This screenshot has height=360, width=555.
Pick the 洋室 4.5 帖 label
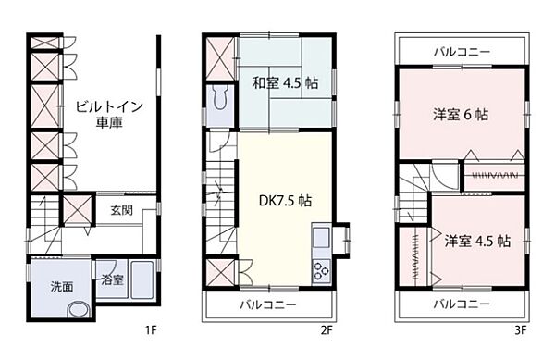point(475,241)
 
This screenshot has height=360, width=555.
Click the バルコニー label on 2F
point(267,304)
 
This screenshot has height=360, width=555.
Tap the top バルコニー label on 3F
point(462,51)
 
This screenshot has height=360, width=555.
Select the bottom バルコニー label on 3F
point(462,304)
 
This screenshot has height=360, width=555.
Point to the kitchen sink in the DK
point(322,238)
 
